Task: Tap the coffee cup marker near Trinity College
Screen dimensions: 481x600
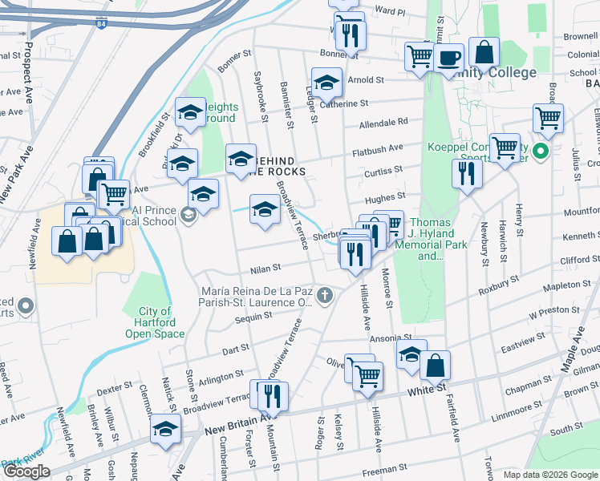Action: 450,58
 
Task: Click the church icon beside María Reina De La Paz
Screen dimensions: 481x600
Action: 324,296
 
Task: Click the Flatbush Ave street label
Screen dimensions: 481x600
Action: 379,148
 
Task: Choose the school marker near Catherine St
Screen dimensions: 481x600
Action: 326,83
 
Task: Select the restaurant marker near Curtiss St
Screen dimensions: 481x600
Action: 466,173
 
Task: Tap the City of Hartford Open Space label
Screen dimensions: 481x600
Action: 154,322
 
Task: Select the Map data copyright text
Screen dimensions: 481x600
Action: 550,475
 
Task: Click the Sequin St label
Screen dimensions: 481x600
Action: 233,318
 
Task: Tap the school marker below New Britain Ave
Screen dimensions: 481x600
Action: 166,429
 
